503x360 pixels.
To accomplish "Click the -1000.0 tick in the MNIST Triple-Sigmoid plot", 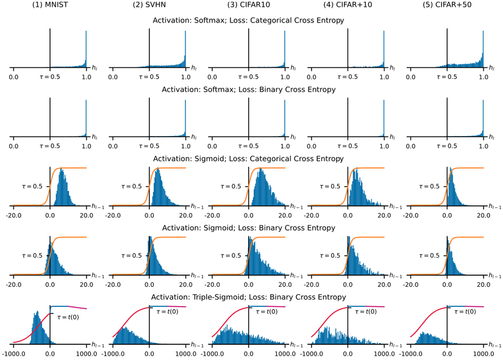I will (x=13, y=353).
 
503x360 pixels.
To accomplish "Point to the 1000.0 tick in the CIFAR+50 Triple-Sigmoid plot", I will (x=483, y=353).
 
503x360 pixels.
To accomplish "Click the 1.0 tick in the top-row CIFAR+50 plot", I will (x=483, y=77).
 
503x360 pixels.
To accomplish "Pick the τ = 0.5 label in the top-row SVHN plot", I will (x=149, y=77).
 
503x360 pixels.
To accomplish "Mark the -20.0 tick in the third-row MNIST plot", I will (x=13, y=215).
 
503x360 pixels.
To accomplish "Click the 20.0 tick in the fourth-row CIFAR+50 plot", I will (x=483, y=284).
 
